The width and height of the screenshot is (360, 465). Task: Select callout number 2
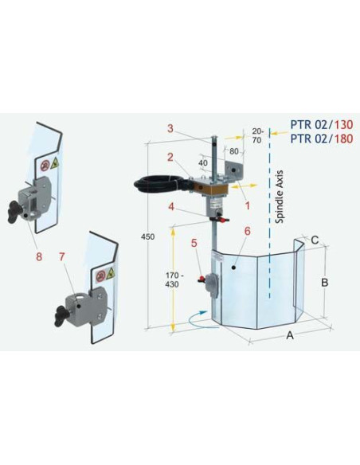tap(169, 157)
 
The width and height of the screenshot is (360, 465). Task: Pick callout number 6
tap(248, 231)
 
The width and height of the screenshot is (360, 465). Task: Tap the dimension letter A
tap(289, 336)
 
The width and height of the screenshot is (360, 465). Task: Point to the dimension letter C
tap(315, 238)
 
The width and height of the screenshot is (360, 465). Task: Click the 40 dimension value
tap(204, 163)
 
